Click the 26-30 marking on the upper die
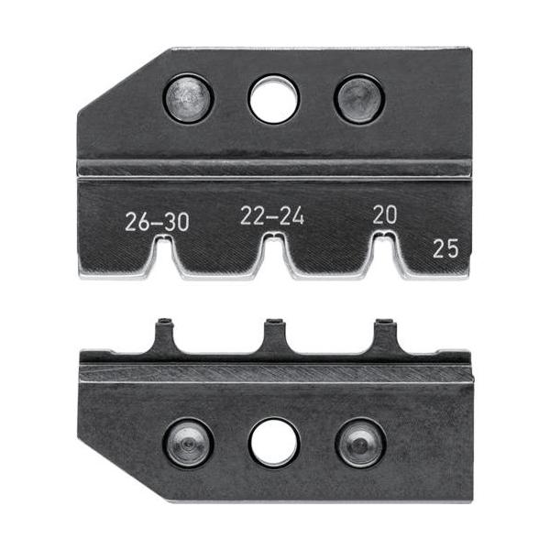coord(157,221)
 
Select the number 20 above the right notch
coord(385,214)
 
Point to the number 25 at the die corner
coord(446,246)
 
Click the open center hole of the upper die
coord(273,100)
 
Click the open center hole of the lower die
coord(273,444)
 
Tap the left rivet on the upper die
coord(189,99)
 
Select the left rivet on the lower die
coord(189,444)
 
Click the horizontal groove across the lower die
coord(275,373)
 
